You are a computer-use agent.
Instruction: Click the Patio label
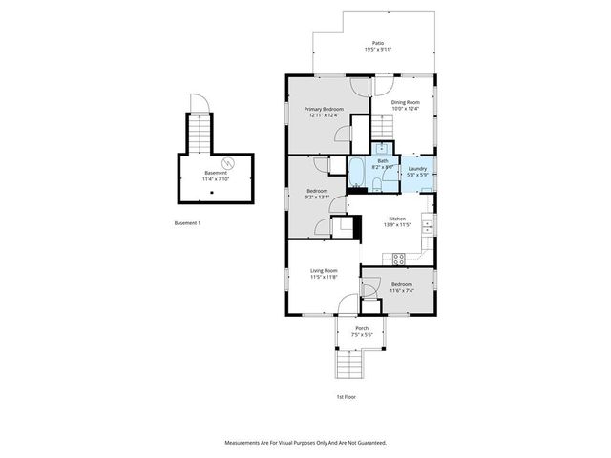378,43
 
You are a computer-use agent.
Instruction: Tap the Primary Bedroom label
323,110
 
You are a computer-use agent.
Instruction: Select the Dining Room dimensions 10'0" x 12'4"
406,109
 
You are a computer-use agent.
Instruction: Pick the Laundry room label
417,168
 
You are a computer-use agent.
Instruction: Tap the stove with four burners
398,257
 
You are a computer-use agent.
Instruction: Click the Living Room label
324,271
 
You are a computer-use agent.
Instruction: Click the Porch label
362,328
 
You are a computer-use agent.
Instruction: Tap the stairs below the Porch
350,367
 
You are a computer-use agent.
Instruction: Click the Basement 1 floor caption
187,222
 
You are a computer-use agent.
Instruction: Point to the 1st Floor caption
346,396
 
